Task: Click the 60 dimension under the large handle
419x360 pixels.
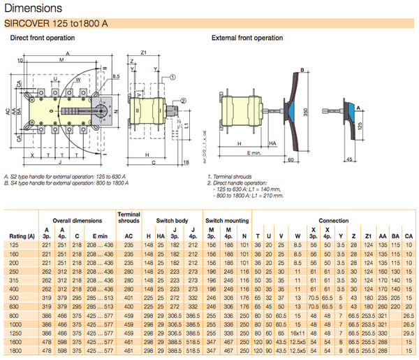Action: [x=290, y=161]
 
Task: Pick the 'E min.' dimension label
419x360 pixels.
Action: [x=253, y=151]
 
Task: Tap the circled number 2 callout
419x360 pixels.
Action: [x=183, y=102]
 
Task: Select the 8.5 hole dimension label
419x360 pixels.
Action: [x=115, y=75]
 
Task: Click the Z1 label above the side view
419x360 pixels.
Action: [x=142, y=52]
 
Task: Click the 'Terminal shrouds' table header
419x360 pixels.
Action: [x=130, y=216]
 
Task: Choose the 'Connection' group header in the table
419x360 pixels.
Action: [x=333, y=220]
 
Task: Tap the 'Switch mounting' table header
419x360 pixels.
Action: [x=226, y=220]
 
